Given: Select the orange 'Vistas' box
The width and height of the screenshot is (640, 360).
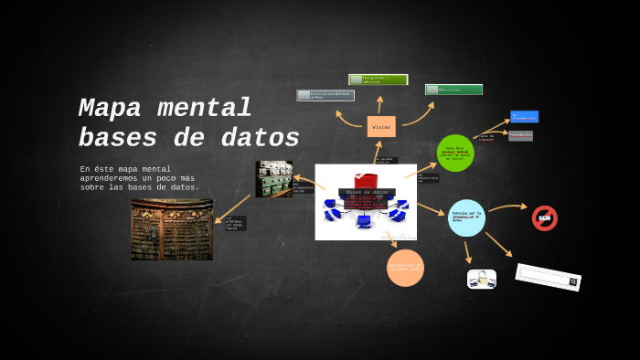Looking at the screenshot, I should (381, 127).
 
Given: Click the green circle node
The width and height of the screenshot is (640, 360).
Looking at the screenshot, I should (455, 153).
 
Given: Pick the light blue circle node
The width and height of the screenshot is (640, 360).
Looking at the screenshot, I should (466, 217).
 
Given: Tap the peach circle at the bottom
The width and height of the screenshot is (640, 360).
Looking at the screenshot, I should (405, 268).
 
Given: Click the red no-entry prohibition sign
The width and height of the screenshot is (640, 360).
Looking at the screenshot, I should (545, 217).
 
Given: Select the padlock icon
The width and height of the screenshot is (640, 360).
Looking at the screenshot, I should (482, 279).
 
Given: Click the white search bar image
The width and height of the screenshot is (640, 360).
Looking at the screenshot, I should (548, 277).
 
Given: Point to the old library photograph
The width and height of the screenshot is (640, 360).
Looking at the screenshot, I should (172, 229).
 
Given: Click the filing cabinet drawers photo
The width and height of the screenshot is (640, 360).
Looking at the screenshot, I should (273, 178).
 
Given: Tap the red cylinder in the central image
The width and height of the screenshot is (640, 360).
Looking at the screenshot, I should (366, 180).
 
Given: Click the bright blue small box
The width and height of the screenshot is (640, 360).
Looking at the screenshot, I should (524, 117).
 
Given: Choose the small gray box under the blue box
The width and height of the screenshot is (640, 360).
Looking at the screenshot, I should (520, 135).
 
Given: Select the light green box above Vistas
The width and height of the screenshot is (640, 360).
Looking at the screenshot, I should (378, 79).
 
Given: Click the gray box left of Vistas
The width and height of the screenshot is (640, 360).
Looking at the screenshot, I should (325, 95).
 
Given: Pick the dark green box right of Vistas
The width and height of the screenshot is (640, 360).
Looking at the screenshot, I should (453, 90).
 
